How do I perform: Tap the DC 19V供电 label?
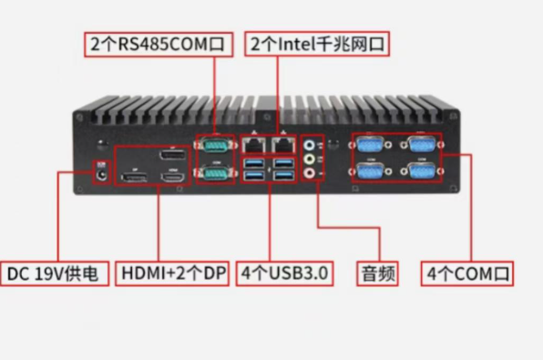[x=58, y=273]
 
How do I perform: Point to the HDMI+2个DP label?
[x=173, y=273]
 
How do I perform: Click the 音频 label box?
[x=379, y=273]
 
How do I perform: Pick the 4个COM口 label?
[x=468, y=273]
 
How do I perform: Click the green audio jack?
[x=312, y=157]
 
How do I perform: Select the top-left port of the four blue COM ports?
[x=371, y=144]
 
